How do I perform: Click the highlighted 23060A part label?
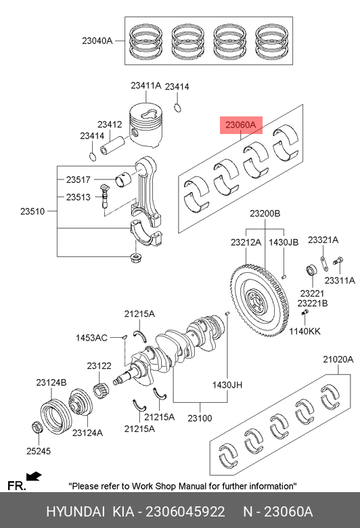pos(241,125)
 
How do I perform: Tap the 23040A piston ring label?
pos(97,41)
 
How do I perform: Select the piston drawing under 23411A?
pos(146,125)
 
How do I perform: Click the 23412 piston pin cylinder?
pos(112,146)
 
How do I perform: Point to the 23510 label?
pos(32,211)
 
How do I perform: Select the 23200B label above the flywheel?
pos(265,213)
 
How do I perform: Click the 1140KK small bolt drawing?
pos(305,313)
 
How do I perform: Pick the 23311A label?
pos(340,280)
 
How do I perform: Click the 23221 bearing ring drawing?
pos(311,270)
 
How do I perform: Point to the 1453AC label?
pos(91,337)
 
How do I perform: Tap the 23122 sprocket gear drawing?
pos(99,392)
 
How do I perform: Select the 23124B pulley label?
pos(51,382)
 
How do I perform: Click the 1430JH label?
pos(227,384)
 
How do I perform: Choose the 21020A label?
pos(338,359)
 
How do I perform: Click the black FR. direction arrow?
pos(34,477)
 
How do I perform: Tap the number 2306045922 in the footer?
pos(185,512)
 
